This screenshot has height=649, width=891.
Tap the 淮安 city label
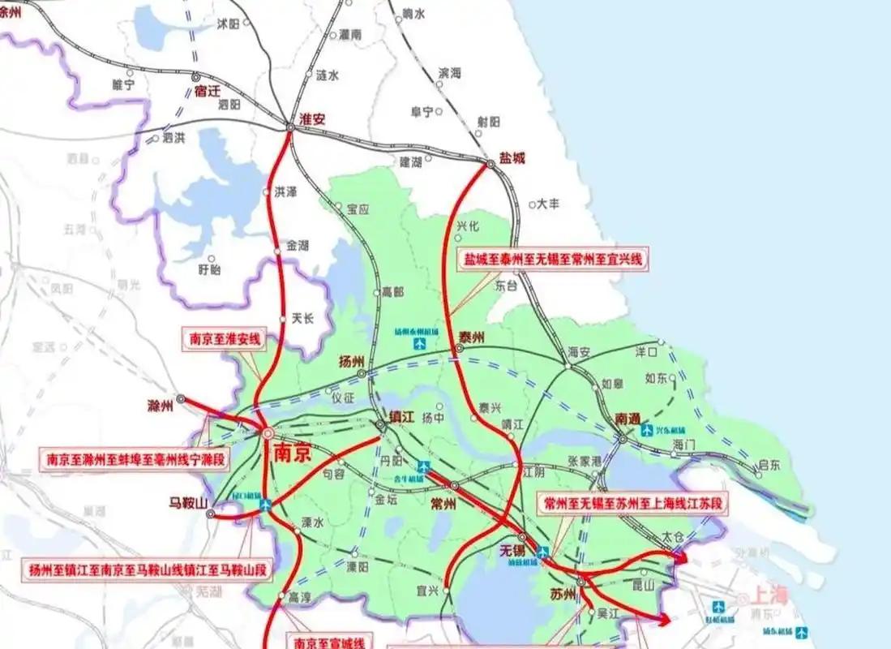pyautogui.click(x=312, y=118)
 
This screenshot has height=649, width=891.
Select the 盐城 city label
pyautogui.click(x=512, y=158)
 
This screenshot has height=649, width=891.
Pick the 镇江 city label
pyautogui.click(x=401, y=415)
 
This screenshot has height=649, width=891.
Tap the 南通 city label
pyautogui.click(x=628, y=419)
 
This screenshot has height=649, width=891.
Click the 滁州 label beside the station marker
pyautogui.click(x=162, y=404)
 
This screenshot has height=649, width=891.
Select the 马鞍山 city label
pyautogui.click(x=188, y=501)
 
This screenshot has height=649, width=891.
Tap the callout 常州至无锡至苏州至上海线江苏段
pyautogui.click(x=635, y=503)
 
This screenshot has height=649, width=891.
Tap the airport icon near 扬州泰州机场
pyautogui.click(x=419, y=344)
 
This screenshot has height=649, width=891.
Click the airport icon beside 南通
pyautogui.click(x=648, y=429)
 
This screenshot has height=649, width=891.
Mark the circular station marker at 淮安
pyautogui.click(x=290, y=126)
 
